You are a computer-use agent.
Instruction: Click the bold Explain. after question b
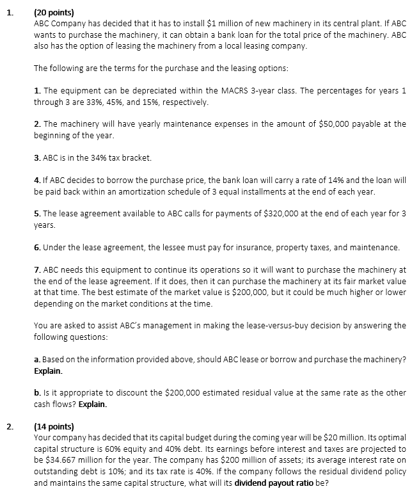pyautogui.click(x=93, y=405)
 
